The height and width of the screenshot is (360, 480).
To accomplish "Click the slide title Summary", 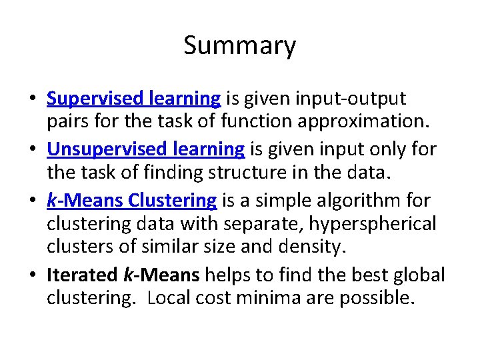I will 239,46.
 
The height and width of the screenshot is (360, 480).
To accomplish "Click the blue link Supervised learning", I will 133,99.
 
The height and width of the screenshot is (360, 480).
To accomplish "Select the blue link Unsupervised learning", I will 145,149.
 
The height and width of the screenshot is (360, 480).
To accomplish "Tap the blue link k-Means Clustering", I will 131,199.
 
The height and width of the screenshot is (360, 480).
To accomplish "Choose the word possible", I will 377,298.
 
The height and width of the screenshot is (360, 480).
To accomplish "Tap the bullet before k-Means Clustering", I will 32,201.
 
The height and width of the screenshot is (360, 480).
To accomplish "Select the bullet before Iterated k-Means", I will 32,275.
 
